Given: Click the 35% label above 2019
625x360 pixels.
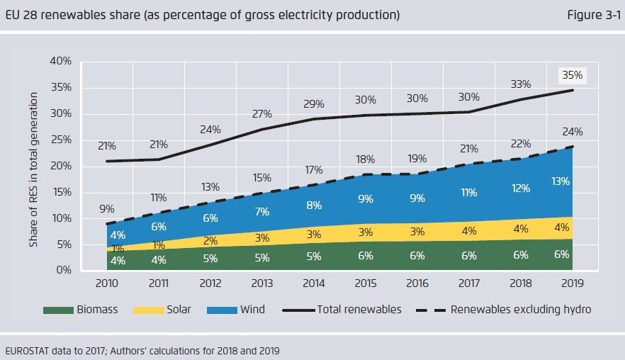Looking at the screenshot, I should pos(573,74).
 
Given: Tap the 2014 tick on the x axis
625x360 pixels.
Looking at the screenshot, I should pos(315,283).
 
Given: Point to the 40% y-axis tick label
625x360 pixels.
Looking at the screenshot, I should pos(60,62).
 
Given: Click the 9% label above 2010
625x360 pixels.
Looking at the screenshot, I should pos(106,209).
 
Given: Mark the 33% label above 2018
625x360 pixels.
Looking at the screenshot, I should pos(521,84).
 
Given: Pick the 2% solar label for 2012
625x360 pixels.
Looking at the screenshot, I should pos(211,240).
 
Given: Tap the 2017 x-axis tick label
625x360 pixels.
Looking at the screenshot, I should pos(469,283).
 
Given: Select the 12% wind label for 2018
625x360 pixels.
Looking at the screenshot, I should pos(521,189).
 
